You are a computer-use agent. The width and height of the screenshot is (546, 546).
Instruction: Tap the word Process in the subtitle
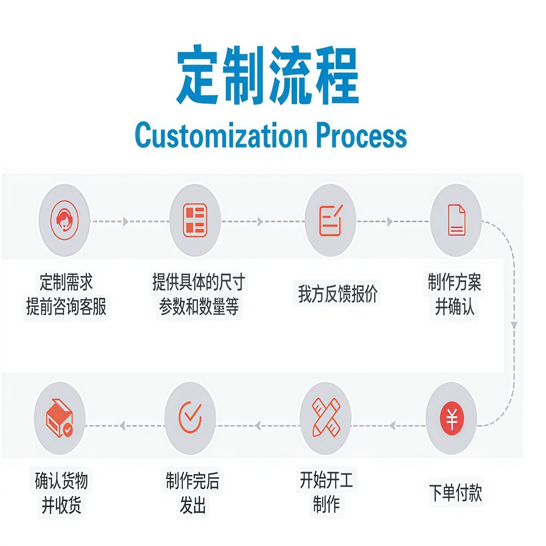click(x=361, y=136)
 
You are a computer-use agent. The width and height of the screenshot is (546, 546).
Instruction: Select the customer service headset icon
click(x=64, y=220)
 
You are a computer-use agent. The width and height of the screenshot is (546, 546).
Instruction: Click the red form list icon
click(x=195, y=220)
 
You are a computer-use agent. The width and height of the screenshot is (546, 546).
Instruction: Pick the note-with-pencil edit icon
click(x=330, y=220)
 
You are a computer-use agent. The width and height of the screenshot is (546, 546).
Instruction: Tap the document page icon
click(x=456, y=220)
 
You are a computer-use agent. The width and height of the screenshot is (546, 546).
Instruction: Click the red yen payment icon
click(x=452, y=418)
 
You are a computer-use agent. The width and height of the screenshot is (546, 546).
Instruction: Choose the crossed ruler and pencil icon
click(x=326, y=418)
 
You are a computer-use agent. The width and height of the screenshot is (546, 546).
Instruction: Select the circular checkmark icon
click(x=190, y=418)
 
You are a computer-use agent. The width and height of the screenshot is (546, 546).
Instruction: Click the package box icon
click(x=60, y=418)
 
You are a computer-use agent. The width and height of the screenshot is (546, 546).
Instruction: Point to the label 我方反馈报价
click(x=337, y=294)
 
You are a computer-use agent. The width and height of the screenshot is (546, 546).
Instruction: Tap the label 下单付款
click(x=456, y=492)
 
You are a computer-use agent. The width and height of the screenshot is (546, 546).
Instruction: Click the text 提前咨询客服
click(x=66, y=306)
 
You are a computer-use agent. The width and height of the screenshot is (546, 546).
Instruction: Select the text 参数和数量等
click(x=199, y=306)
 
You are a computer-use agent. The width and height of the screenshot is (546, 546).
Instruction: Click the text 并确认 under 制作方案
click(x=455, y=306)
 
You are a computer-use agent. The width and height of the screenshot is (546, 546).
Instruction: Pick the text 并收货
click(x=61, y=505)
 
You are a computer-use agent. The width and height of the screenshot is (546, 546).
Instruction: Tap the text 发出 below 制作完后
click(x=192, y=505)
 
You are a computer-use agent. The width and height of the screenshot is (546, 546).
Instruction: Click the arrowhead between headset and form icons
click(x=126, y=222)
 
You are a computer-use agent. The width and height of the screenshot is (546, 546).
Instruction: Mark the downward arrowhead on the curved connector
click(x=514, y=325)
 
